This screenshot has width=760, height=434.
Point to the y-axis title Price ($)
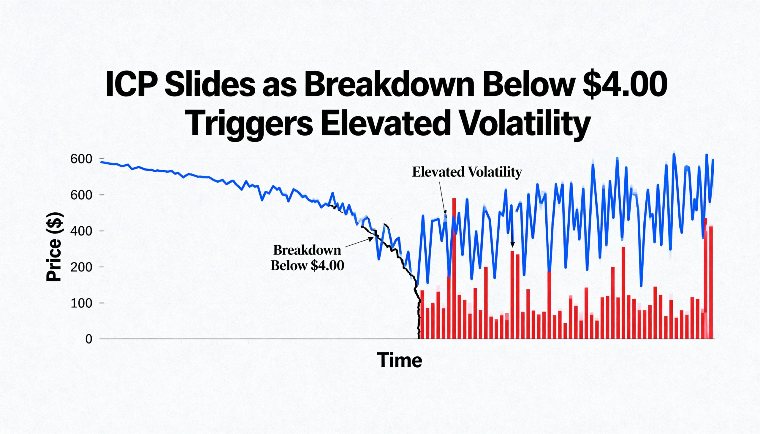pyautogui.click(x=54, y=247)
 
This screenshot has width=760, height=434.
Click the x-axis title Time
pyautogui.click(x=399, y=360)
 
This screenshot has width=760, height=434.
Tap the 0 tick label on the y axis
pyautogui.click(x=88, y=339)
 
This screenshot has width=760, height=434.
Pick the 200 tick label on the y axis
pyautogui.click(x=81, y=267)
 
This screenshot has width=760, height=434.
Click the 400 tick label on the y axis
pyautogui.click(x=81, y=231)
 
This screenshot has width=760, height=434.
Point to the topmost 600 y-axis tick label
pyautogui.click(x=81, y=159)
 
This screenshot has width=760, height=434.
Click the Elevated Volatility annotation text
pyautogui.click(x=467, y=172)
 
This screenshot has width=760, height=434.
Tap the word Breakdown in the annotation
pyautogui.click(x=307, y=250)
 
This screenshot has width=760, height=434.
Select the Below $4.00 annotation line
pyautogui.click(x=307, y=265)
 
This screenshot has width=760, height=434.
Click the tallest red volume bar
pyautogui.click(x=454, y=268)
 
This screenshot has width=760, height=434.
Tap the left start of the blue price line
pyautogui.click(x=102, y=162)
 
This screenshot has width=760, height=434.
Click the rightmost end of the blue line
pyautogui.click(x=713, y=160)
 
